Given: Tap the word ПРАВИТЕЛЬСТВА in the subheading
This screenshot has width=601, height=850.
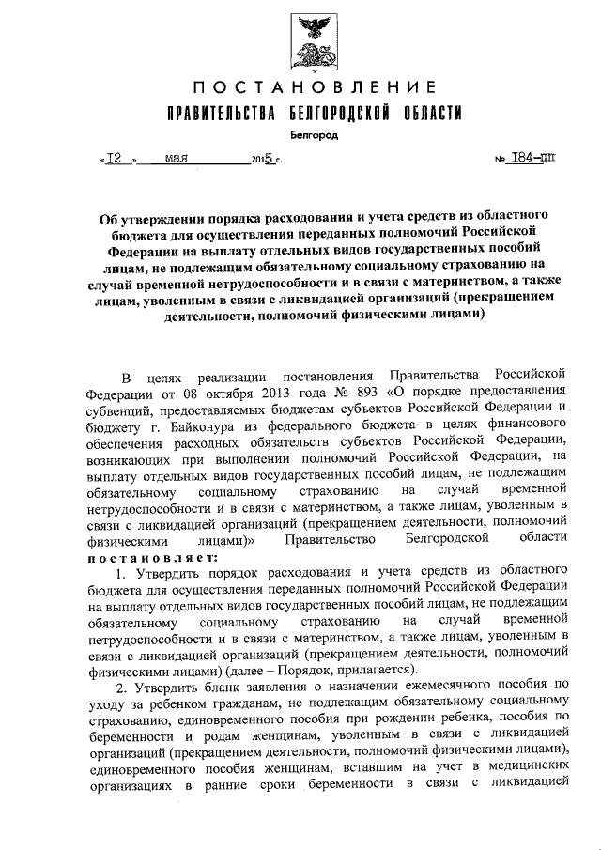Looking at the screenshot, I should tap(217, 114).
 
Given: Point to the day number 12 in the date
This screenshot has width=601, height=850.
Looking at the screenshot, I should tap(116, 159).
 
